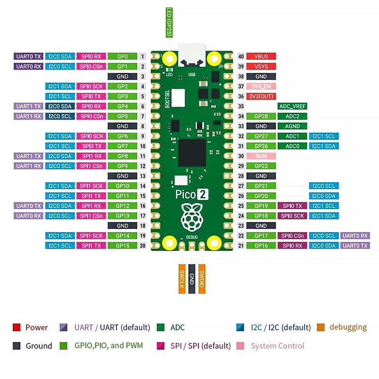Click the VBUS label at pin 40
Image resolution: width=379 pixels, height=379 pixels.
click(261, 56)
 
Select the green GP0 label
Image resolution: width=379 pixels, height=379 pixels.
click(122, 56)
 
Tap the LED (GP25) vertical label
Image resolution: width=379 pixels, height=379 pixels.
click(169, 22)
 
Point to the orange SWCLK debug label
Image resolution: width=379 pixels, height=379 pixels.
click(181, 279)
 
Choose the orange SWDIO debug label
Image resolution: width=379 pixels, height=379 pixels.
click(202, 279)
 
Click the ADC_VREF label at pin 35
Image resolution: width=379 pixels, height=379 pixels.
click(292, 107)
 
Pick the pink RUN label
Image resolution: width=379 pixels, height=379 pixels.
click(261, 156)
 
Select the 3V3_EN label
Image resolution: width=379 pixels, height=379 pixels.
click(261, 86)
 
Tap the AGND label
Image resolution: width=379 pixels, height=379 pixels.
click(292, 126)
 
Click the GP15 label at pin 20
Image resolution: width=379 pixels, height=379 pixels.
click(122, 245)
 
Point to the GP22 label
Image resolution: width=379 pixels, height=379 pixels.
click(261, 166)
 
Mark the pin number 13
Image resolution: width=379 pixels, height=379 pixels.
click(143, 176)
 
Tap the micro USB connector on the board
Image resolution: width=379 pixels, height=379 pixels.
click(192, 56)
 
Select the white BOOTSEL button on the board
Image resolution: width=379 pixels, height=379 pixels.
click(178, 98)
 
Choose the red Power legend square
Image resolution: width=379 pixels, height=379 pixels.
click(17, 327)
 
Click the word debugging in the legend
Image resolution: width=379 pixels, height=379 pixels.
click(348, 327)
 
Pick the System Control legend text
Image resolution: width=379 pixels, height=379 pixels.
click(278, 346)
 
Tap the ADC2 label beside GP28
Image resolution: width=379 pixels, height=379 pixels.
click(292, 116)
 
